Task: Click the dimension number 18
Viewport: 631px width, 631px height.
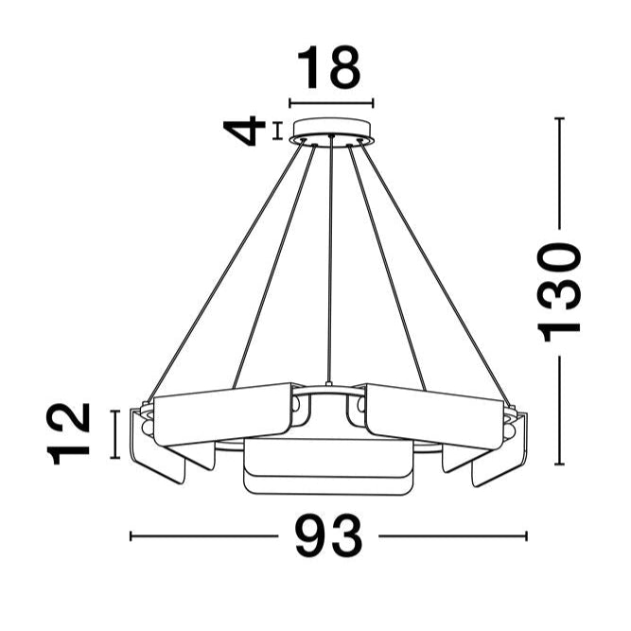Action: (x=330, y=68)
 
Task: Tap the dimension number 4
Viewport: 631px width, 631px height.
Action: (x=246, y=131)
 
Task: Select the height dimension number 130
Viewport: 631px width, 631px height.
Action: (x=558, y=290)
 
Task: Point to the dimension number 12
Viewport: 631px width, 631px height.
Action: (x=71, y=433)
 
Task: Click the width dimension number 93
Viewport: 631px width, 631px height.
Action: (x=328, y=537)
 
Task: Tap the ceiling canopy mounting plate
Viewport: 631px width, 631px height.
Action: (x=331, y=129)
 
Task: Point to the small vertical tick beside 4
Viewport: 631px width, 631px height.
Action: (x=277, y=131)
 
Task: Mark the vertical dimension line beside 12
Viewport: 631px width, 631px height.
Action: (x=115, y=433)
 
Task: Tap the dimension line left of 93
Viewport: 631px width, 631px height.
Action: (x=203, y=536)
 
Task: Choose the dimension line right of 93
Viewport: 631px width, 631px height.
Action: (x=452, y=536)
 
